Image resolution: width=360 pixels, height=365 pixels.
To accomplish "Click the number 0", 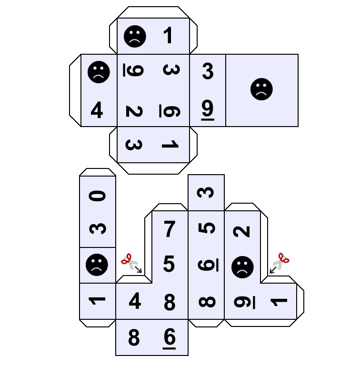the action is tap(98, 196).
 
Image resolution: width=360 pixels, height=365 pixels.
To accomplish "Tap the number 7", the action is tap(169, 229).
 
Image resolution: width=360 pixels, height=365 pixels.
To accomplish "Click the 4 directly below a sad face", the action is tap(97, 110).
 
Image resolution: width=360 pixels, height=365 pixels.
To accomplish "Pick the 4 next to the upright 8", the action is tap(135, 301).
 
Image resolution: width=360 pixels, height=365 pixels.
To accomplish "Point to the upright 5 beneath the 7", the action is tap(169, 264).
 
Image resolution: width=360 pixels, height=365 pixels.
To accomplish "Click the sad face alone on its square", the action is tap(261, 89).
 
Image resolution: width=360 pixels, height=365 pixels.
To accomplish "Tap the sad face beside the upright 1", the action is tap(135, 37).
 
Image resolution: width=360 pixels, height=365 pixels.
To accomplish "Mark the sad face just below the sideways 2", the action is tap(242, 267).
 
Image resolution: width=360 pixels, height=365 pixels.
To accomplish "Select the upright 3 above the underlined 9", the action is tap(208, 71).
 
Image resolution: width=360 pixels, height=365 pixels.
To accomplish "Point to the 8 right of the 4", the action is tap(169, 302).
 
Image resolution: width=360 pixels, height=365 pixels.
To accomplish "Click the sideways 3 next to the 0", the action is tap(98, 228).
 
